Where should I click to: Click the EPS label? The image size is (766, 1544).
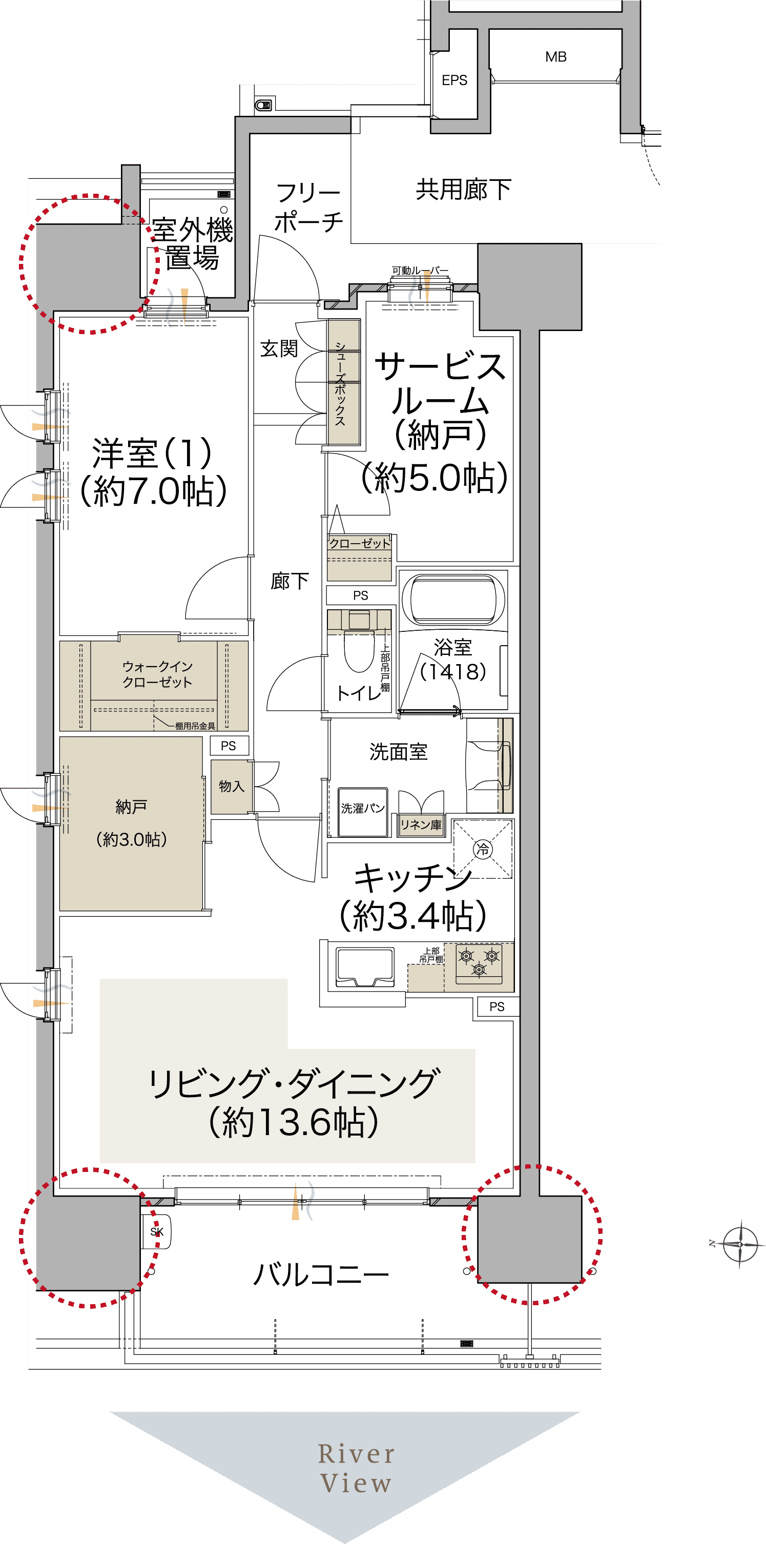[454, 80]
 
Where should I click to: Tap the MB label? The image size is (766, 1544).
[555, 57]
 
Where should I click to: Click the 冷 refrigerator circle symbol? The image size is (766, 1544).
[483, 849]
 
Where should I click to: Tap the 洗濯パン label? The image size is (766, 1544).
[363, 809]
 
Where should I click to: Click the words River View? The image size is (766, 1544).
[356, 1468]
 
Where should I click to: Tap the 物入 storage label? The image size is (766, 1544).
[232, 786]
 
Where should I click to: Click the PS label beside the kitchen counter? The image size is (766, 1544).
[497, 1006]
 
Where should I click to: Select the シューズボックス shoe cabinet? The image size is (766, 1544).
[343, 382]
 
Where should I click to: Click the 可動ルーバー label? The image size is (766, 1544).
[420, 271]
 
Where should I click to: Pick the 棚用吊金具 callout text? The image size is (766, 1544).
[195, 726]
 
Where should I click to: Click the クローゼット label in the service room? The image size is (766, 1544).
[360, 543]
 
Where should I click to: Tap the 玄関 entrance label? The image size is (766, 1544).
[279, 348]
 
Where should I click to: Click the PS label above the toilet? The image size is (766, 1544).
[360, 595]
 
